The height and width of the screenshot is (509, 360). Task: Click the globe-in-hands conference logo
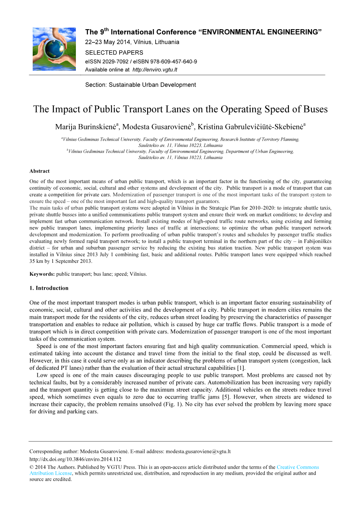54,49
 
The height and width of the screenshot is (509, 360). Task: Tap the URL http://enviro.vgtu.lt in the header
155,70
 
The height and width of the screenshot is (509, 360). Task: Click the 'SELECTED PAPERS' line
114,52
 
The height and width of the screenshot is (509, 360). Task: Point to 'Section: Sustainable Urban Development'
140,85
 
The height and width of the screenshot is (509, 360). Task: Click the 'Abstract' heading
39,171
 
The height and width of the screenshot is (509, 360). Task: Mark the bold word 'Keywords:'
42,274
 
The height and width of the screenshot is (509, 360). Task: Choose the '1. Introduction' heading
49,288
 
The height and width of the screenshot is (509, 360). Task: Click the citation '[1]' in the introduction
241,368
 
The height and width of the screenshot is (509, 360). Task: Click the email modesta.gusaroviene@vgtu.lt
198,451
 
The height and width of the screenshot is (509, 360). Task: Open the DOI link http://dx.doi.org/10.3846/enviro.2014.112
75,459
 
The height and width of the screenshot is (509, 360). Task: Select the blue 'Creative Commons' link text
298,467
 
